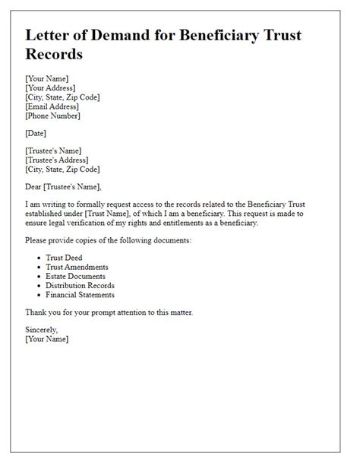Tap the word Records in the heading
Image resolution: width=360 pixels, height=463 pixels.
click(55, 55)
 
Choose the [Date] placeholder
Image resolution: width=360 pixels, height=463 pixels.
click(36, 133)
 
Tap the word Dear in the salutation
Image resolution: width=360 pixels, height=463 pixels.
click(36, 186)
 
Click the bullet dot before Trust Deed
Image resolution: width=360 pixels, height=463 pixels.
click(38, 258)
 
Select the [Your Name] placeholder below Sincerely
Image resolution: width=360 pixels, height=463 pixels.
click(46, 339)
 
